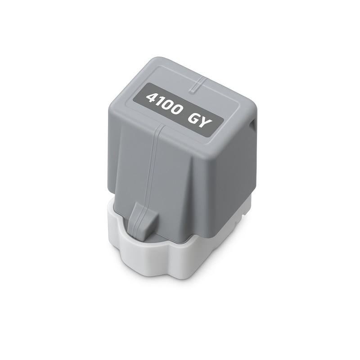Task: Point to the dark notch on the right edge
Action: click(x=253, y=125)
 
